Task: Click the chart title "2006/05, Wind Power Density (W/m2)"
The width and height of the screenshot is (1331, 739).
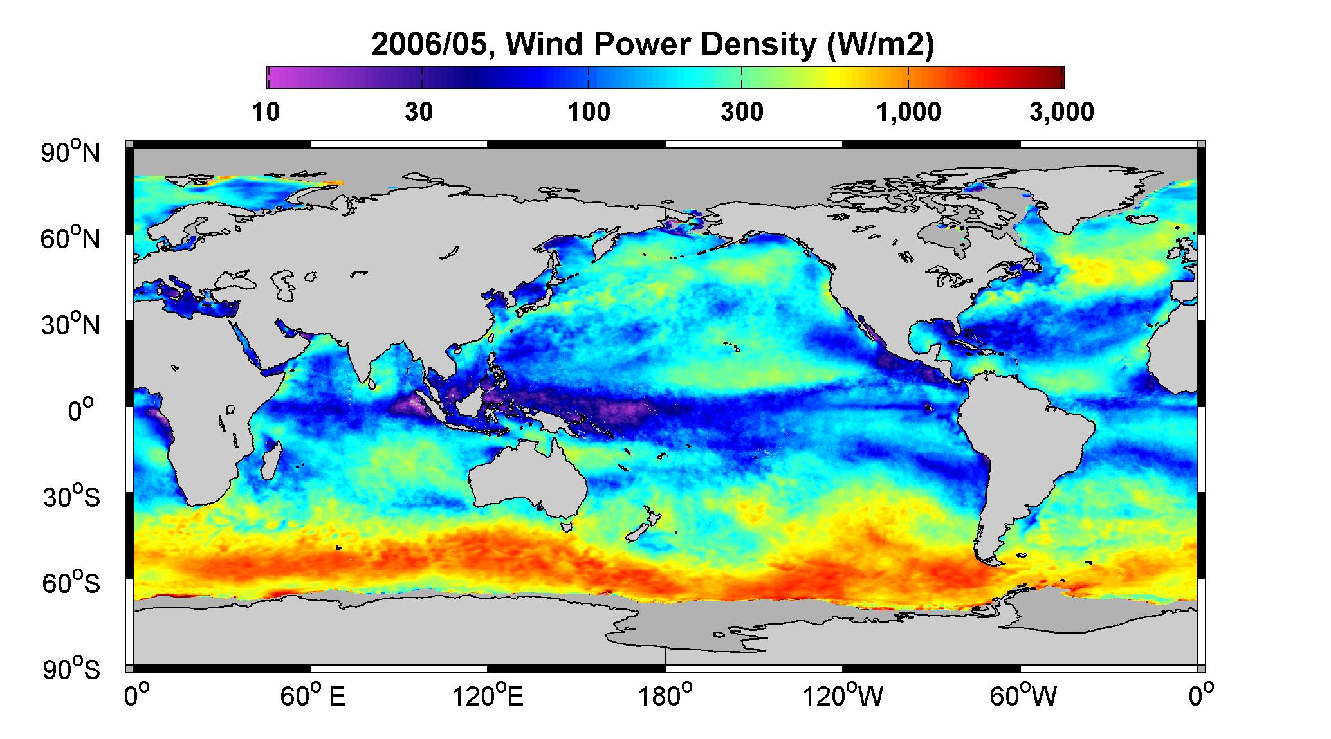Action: point(652,45)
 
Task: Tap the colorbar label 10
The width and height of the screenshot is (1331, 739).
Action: point(266,112)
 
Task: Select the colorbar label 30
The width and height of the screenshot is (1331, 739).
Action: point(419,112)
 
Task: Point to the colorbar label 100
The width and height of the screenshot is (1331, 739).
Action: point(589,112)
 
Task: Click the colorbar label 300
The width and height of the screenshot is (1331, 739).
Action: point(742,112)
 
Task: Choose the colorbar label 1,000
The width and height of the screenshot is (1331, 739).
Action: point(908,112)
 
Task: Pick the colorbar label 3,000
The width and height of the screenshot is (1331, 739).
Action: point(1061,112)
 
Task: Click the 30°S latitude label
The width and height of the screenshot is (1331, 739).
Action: point(72,497)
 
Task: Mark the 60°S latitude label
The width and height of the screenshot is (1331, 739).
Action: point(72,583)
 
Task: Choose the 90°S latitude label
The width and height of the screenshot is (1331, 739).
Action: point(72,670)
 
